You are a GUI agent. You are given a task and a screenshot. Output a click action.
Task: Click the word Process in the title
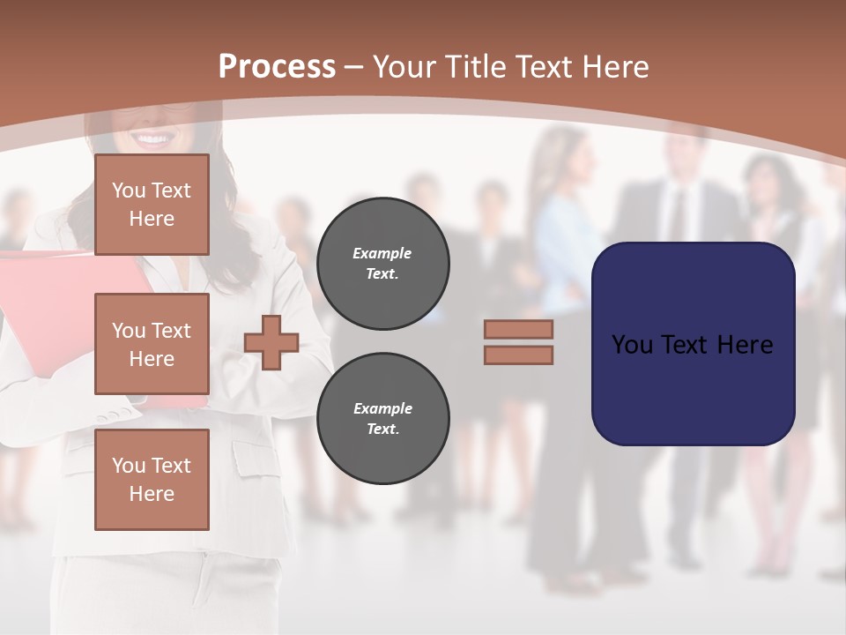[277, 67]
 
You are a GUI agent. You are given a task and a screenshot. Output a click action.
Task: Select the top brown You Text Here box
[152, 205]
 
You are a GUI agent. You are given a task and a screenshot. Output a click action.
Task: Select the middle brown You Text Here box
[152, 344]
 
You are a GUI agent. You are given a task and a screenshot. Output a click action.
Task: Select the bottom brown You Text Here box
[152, 480]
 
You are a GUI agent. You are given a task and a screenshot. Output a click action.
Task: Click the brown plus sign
[271, 342]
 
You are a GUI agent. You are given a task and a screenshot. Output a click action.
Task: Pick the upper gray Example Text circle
[382, 264]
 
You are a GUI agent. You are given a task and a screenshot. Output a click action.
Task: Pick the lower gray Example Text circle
[382, 418]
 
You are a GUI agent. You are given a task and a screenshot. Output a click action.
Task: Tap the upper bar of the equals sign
[518, 329]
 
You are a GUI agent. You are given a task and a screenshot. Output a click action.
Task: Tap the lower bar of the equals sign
[518, 355]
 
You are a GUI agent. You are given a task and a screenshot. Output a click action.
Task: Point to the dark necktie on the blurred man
[676, 216]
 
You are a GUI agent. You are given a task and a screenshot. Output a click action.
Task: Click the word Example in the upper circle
[382, 253]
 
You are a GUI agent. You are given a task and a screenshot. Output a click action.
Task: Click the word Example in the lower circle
[382, 408]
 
